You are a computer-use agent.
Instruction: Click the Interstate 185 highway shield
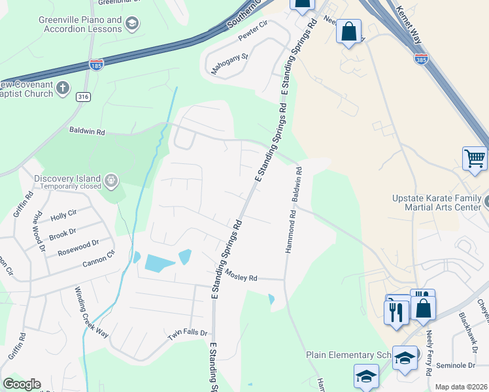tap(95, 65)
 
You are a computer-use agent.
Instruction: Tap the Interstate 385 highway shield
tap(421, 59)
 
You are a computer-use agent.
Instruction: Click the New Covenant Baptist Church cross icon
tap(63, 88)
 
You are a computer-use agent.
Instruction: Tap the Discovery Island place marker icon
tap(111, 179)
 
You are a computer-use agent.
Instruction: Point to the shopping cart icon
tap(475, 158)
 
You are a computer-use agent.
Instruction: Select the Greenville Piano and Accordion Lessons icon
tap(133, 24)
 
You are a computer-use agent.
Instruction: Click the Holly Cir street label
tap(63, 214)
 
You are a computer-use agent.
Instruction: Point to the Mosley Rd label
tap(241, 277)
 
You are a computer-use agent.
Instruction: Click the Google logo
tap(22, 384)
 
